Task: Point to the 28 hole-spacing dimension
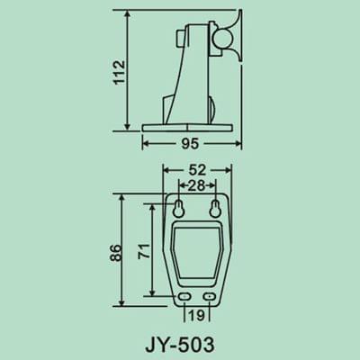point(198,184)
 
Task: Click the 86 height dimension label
point(115,253)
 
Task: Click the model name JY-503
point(180,343)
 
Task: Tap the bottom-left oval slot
point(184,296)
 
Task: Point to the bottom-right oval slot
point(211,296)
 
